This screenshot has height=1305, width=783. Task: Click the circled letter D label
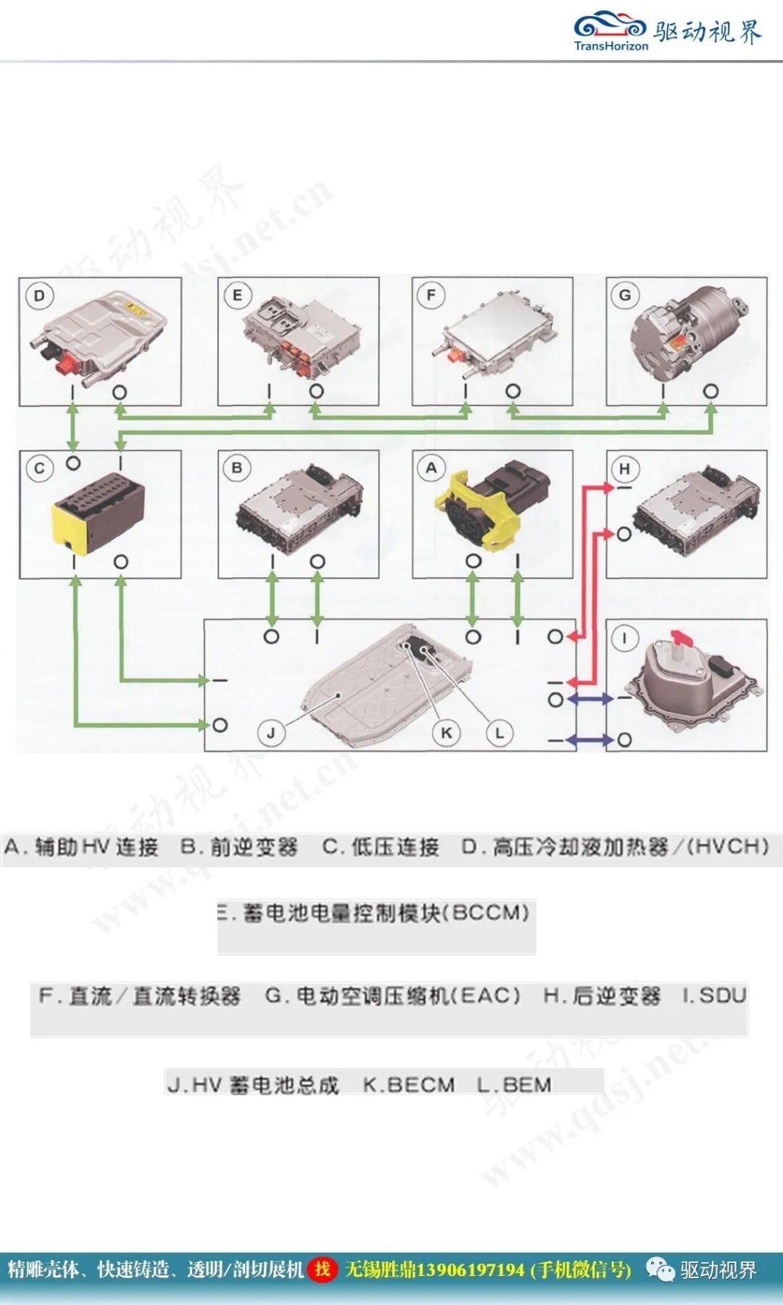(39, 296)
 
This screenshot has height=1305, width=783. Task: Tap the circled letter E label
(237, 296)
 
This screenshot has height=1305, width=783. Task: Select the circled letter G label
(625, 296)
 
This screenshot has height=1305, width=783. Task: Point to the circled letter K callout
(446, 733)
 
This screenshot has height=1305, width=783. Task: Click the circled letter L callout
(500, 733)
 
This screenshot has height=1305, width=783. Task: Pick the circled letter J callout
(270, 733)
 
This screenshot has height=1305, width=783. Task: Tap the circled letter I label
(625, 639)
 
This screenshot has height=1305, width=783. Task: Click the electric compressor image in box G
(685, 333)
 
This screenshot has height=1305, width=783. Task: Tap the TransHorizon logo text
(610, 46)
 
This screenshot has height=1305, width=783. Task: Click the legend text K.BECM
(409, 1085)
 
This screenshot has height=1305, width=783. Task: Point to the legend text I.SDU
(714, 995)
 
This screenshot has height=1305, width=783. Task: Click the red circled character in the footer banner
(323, 1269)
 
